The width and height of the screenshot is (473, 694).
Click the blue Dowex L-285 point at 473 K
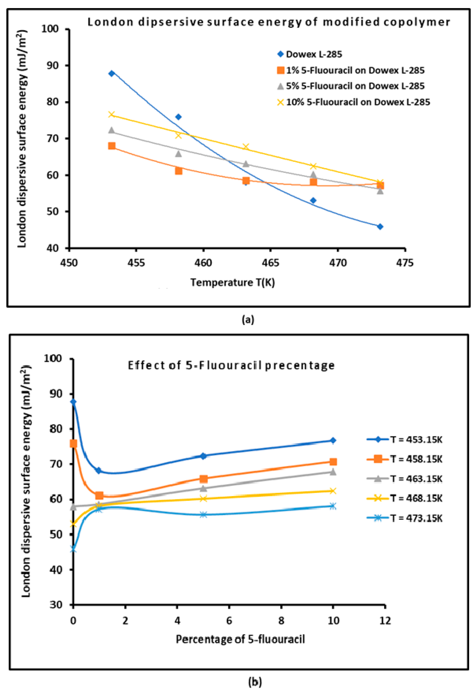tap(380, 227)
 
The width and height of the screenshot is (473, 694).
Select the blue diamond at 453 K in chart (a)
tap(112, 73)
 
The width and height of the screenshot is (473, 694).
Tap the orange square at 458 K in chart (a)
tap(179, 171)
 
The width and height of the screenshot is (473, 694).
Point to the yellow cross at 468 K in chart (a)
tap(313, 166)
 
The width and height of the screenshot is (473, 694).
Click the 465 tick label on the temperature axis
tap(271, 263)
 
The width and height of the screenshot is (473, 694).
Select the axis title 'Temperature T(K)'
tap(233, 282)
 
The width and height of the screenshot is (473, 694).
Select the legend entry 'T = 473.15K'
tap(416, 518)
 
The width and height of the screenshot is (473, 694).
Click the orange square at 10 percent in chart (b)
tap(333, 462)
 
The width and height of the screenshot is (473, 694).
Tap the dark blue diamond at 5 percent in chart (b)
tap(203, 456)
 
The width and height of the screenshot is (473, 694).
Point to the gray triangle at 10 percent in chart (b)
tap(333, 472)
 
